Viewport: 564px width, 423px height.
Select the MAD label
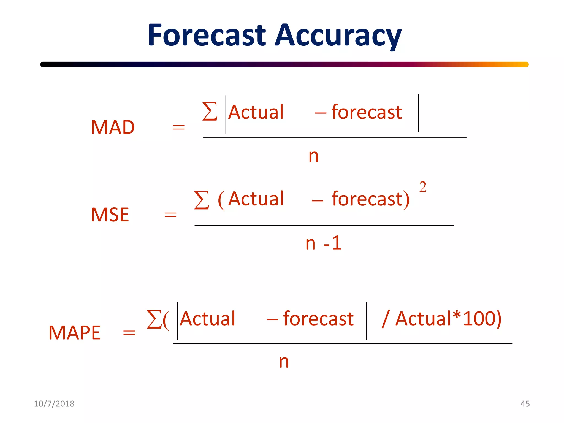[x=113, y=127]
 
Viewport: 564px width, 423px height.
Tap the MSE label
[x=110, y=215]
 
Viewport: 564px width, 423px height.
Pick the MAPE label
[x=74, y=332]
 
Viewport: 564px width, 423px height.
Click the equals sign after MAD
[x=178, y=127]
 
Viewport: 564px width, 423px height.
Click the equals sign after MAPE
[x=129, y=333]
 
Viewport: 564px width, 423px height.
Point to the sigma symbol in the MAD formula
[x=210, y=112]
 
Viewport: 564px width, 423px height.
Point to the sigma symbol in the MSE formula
[x=201, y=200]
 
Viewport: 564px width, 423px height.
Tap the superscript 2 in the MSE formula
[x=423, y=187]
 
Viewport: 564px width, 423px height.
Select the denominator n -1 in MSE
[x=323, y=243]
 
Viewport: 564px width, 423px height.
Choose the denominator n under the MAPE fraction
[x=284, y=361]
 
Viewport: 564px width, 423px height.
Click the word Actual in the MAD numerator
[x=256, y=112]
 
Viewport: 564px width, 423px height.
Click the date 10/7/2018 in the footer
[x=54, y=403]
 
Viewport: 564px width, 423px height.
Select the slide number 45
[x=525, y=403]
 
